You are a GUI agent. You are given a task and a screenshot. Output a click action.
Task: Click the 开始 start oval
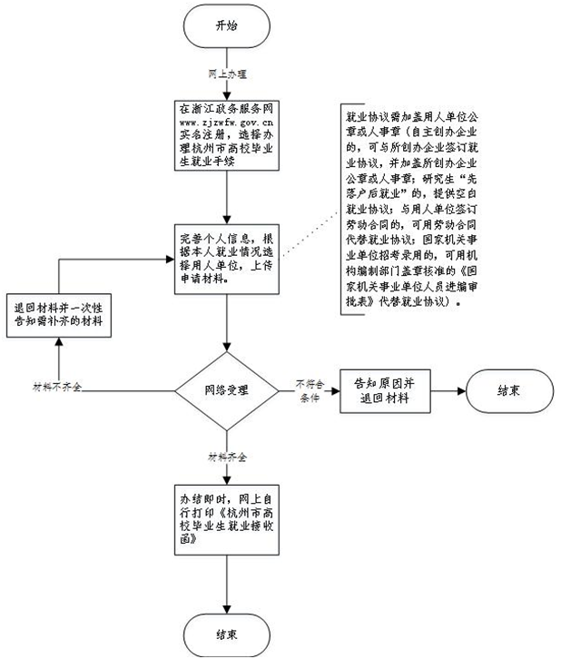tap(225, 27)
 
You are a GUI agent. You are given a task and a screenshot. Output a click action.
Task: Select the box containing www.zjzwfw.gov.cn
tap(225, 135)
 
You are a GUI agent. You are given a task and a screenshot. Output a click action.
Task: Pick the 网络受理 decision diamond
tap(225, 389)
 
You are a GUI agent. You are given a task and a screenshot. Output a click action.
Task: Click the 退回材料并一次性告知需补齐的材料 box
tap(58, 316)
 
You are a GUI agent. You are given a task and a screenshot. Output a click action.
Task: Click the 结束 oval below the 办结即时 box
tap(225, 632)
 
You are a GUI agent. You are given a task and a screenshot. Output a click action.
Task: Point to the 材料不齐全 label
tap(56, 388)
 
